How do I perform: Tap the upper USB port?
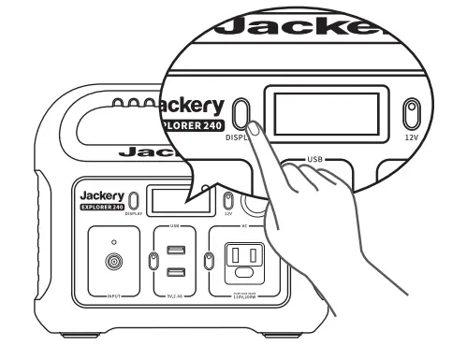(x=175, y=250)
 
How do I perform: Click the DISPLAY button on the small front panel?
(x=134, y=199)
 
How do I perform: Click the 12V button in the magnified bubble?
(x=409, y=114)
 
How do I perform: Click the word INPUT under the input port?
(x=114, y=296)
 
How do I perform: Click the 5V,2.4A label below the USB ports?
(x=175, y=296)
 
